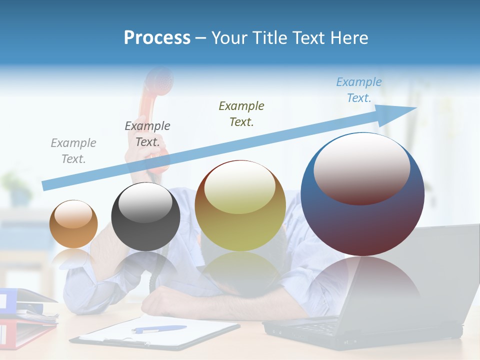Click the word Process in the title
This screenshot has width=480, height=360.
click(x=157, y=38)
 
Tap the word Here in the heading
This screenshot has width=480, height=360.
click(x=350, y=38)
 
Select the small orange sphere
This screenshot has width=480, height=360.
click(x=73, y=224)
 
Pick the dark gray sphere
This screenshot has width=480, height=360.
click(x=145, y=217)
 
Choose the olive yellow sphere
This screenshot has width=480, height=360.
click(x=240, y=205)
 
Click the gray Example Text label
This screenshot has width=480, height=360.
click(x=73, y=151)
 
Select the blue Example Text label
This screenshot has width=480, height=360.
click(x=358, y=90)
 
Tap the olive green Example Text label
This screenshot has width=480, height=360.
click(x=241, y=113)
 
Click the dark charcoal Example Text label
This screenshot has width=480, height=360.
click(x=147, y=133)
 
